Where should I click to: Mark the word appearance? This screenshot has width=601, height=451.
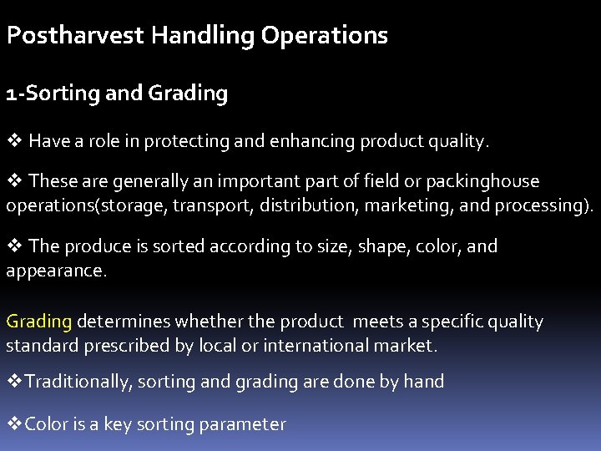click(x=57, y=271)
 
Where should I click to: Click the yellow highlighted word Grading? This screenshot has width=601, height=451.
click(x=39, y=322)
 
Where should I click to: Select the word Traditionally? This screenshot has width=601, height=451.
click(x=78, y=383)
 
